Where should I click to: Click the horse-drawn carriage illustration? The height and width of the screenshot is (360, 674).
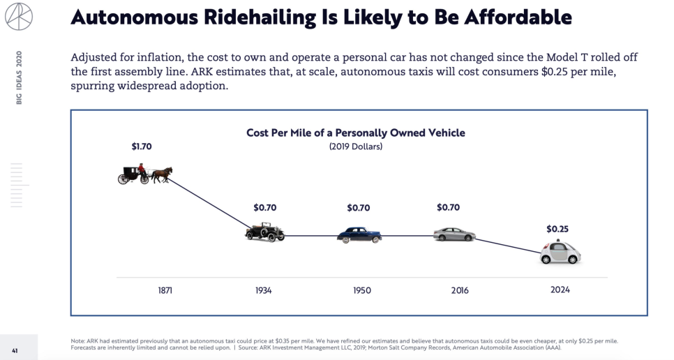coord(144,173)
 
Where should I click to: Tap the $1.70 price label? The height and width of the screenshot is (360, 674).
coord(141,147)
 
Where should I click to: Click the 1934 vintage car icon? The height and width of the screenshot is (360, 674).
coord(264,232)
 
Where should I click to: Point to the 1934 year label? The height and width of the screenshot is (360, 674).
coord(263,290)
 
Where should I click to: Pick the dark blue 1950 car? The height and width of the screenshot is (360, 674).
coord(359,235)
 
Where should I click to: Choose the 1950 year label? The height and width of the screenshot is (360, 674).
coord(362,290)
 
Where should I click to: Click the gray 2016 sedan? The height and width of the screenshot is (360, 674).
coord(454,234)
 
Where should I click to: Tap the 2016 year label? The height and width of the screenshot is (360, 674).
coord(459,290)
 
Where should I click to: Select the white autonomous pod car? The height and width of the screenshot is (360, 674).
coord(560,253)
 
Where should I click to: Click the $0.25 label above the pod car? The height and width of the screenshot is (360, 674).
coord(557,229)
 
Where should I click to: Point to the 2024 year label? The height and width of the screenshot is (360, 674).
coord(560,290)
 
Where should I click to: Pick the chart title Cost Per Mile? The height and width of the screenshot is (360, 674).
coord(355,133)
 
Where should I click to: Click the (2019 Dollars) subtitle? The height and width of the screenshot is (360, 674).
coord(355,147)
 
